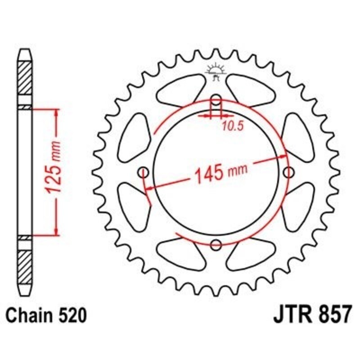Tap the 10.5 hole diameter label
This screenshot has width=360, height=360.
pos(232,126)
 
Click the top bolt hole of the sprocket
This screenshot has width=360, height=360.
pos(216,99)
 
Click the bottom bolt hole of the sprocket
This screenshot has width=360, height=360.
pos(216,245)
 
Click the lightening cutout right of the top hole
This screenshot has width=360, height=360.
pos(252,90)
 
